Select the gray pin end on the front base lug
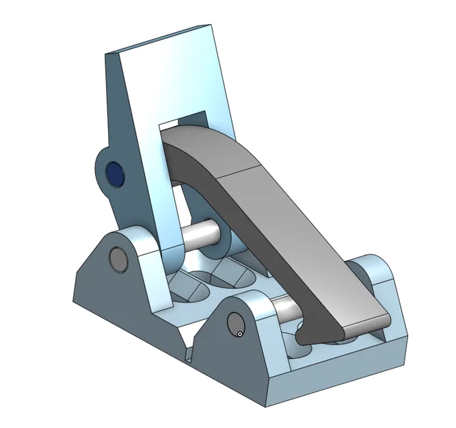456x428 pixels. (235, 323)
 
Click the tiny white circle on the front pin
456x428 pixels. (241, 333)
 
